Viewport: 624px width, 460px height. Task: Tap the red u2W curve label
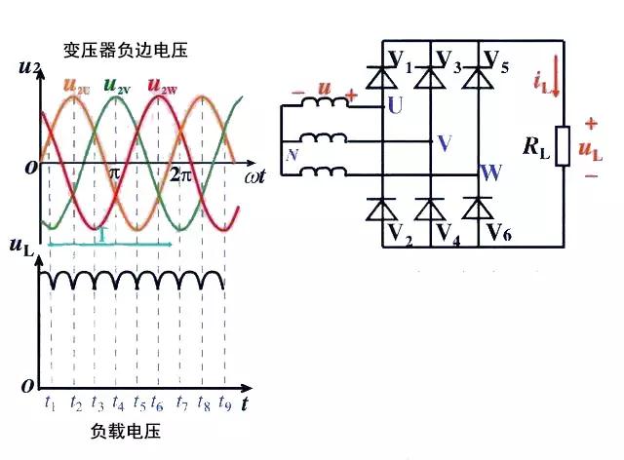[160, 85]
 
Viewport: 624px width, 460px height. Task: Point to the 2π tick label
[181, 175]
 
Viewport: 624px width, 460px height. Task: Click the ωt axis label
[256, 176]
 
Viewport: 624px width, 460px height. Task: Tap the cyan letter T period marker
[100, 235]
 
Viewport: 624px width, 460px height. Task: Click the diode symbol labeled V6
[477, 209]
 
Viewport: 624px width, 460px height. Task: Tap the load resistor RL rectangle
[563, 146]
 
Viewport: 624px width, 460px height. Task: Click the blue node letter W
[491, 173]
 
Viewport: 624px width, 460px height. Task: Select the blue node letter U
[394, 104]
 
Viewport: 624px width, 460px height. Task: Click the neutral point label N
[290, 154]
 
